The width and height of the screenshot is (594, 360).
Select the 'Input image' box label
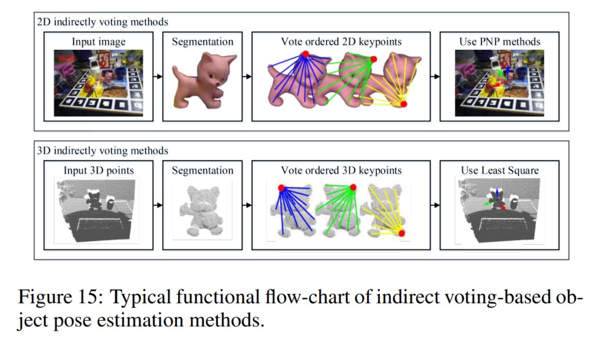[99, 42]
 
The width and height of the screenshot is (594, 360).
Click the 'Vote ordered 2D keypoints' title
[341, 42]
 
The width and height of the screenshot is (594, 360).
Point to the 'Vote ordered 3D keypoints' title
[341, 170]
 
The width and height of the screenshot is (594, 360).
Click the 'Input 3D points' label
[98, 170]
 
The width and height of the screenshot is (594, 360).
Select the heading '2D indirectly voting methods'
[102, 22]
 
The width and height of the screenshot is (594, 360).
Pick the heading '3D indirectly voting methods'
[102, 151]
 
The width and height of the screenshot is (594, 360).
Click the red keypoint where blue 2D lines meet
[305, 54]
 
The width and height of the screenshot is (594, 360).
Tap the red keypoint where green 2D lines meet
[374, 60]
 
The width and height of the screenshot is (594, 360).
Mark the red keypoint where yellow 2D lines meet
[404, 104]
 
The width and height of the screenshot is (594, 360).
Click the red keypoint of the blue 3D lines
[281, 188]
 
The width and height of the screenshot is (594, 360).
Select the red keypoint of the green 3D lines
[353, 187]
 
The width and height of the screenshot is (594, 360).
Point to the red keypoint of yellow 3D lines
[401, 233]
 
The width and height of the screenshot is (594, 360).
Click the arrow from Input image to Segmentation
[157, 76]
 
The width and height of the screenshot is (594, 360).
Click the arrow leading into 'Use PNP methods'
[434, 76]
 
